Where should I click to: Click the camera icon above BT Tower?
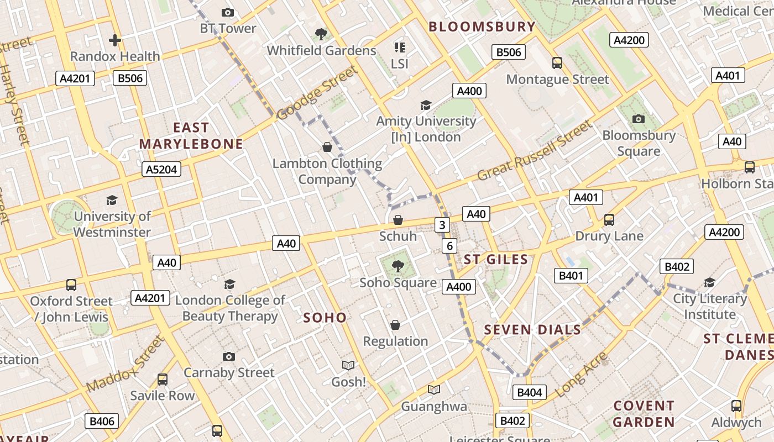point(227,12)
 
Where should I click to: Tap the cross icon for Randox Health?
point(115,40)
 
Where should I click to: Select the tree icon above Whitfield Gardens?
point(321,35)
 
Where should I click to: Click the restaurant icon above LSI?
point(399,48)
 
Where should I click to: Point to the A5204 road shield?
point(161,169)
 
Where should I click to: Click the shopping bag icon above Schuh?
point(398,220)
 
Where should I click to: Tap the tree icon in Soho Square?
point(398,267)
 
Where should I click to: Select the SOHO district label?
point(325,318)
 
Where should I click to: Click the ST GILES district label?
point(496,260)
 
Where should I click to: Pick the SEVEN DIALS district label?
point(532,330)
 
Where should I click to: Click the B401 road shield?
point(571,275)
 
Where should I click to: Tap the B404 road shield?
point(530,393)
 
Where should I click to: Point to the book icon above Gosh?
point(348,365)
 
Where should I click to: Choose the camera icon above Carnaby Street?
point(228,356)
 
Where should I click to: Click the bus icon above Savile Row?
point(162,380)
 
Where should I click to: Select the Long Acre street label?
point(581,375)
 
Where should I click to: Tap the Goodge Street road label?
point(317,93)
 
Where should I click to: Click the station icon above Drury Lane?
point(609,220)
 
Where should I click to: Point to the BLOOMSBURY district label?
point(482,27)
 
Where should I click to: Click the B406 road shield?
point(102,421)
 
